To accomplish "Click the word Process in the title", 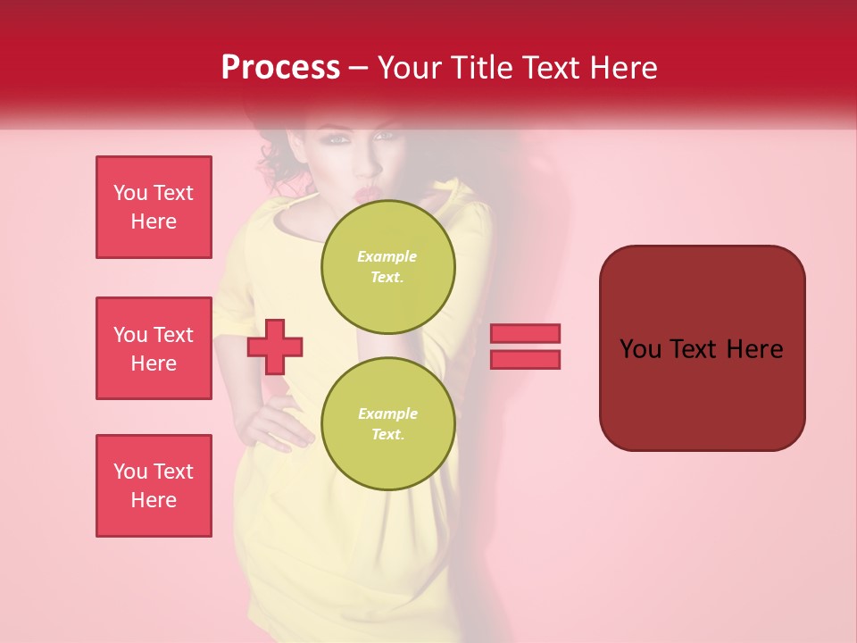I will pos(280,68).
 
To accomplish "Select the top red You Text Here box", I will pos(154,207).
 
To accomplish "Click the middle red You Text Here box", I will pos(154,348).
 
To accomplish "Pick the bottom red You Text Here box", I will pos(154,486).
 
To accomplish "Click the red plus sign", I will pos(275,346).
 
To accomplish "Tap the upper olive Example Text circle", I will pos(387,267).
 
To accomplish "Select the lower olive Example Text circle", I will pos(387,424).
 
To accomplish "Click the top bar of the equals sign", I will pos(525,333).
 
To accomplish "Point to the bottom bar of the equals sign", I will pos(525,359).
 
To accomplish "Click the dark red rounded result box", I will pos(702,348).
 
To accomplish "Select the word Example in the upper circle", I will pos(387,256).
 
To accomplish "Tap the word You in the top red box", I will pos(130,193).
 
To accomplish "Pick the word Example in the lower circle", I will pos(387,413).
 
